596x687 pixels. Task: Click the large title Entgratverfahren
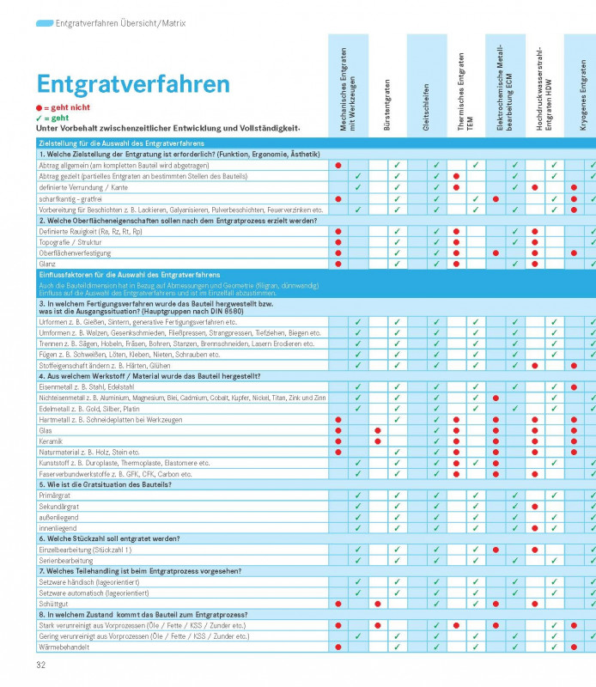(x=133, y=84)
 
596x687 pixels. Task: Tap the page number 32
(x=40, y=665)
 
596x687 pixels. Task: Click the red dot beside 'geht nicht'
(x=39, y=107)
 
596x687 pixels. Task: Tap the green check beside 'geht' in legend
(x=39, y=118)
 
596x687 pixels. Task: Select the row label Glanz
(x=48, y=264)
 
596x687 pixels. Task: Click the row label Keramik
(x=52, y=441)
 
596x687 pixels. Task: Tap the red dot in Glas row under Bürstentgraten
(x=378, y=430)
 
